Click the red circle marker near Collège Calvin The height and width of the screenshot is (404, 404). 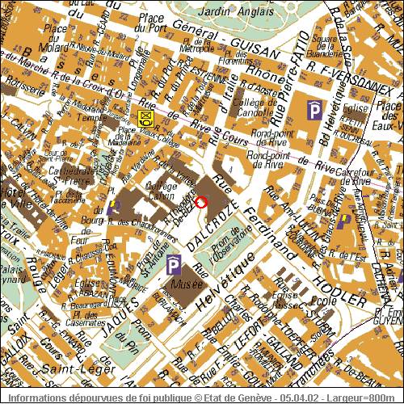coord(201,203)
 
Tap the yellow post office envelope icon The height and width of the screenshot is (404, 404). coord(145,118)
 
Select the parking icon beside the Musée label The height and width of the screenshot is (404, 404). coord(173,266)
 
